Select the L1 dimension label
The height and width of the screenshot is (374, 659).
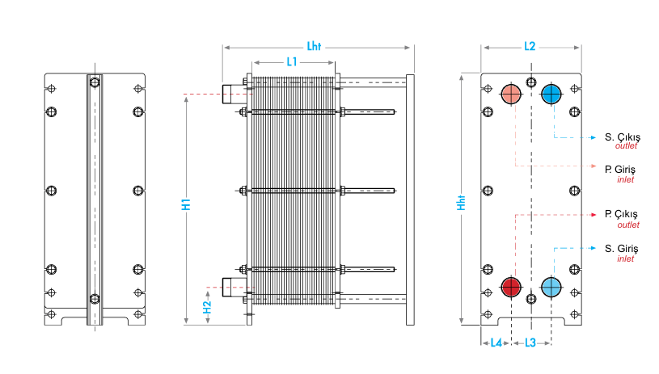(x=292, y=62)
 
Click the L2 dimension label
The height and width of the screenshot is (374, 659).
(x=530, y=47)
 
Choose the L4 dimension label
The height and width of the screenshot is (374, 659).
(x=496, y=342)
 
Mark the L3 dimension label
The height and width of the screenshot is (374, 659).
(x=530, y=342)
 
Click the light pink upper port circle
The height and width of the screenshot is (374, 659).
(x=511, y=95)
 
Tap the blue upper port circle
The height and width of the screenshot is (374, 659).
(x=551, y=95)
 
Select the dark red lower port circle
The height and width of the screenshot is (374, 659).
(x=511, y=287)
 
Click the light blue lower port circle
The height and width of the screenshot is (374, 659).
(x=551, y=287)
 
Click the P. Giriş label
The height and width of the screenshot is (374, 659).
(x=620, y=169)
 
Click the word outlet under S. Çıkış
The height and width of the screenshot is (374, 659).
(x=627, y=146)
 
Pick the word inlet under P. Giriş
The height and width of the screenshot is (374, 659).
(x=625, y=179)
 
